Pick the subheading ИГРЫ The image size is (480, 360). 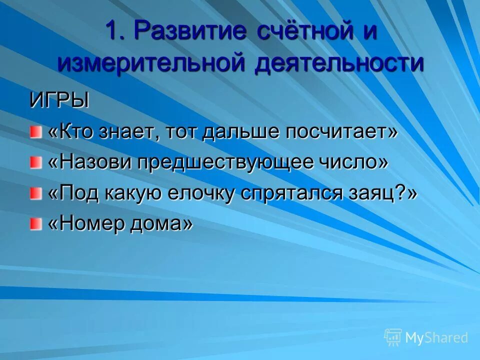(59, 100)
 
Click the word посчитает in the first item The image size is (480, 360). (341, 132)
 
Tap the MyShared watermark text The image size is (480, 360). (436, 338)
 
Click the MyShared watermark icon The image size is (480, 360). (393, 337)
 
